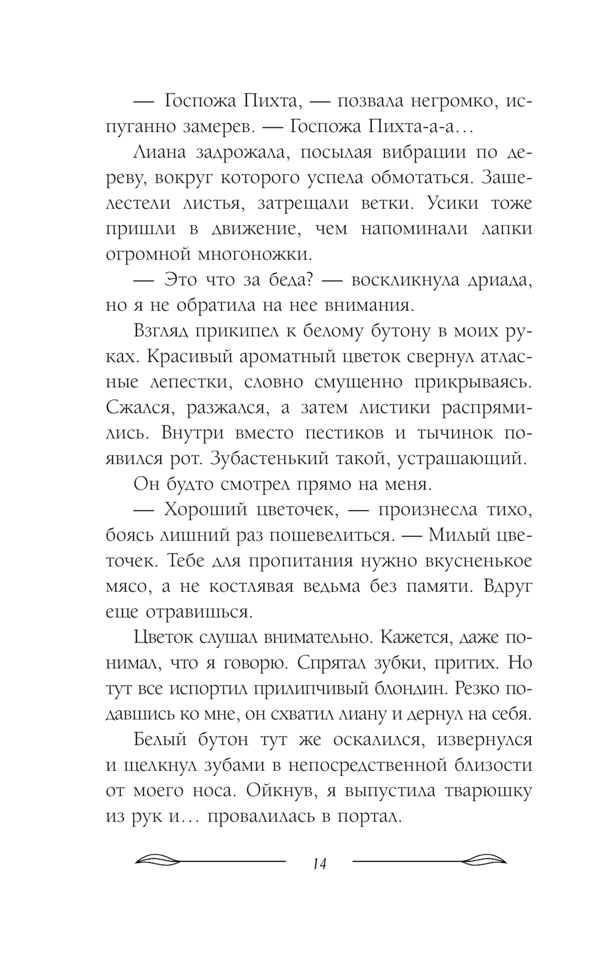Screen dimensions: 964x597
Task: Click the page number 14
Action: click(x=319, y=864)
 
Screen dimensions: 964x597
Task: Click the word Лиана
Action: click(x=158, y=153)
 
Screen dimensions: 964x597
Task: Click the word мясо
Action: click(x=126, y=586)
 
